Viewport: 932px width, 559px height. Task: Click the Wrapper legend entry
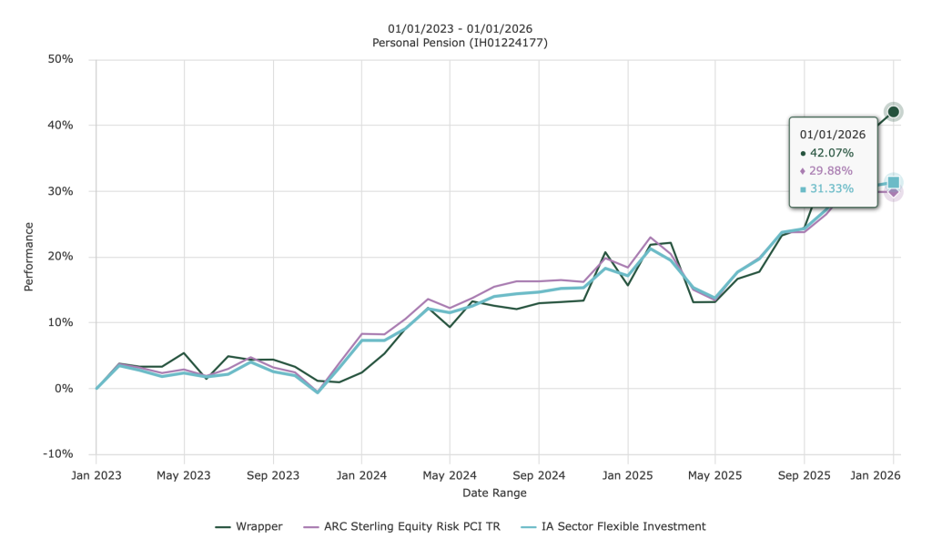258,526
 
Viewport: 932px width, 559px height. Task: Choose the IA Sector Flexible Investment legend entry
623,526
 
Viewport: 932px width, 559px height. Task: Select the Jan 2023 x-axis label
96,475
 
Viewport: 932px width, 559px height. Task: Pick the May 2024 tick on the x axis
450,475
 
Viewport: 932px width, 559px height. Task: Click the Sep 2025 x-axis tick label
804,475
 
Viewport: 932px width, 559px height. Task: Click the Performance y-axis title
28,257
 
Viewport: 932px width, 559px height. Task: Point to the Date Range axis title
495,493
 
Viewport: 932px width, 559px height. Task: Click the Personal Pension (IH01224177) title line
460,43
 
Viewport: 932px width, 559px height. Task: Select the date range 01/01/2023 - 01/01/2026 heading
460,27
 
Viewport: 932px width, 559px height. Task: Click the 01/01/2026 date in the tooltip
833,134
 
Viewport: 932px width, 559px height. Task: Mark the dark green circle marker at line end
893,112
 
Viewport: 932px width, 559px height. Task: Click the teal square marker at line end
894,183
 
